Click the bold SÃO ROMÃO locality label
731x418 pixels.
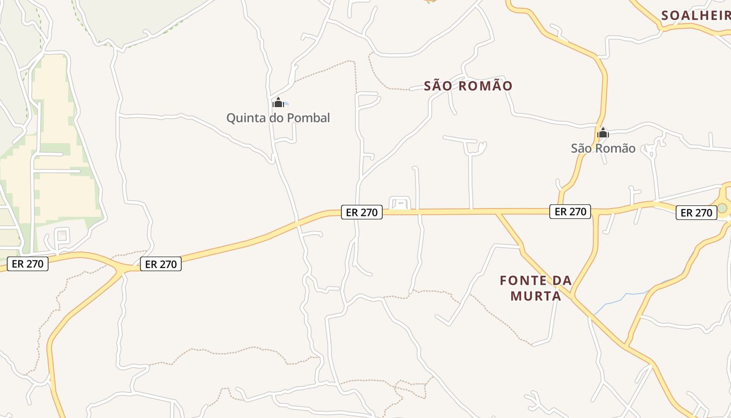coord(468,86)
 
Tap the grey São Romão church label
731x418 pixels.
coord(603,148)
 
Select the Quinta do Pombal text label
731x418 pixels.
coord(278,118)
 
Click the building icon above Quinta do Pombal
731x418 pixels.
coord(278,102)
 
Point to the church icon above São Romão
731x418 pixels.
coord(603,133)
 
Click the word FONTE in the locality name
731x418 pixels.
coord(525,281)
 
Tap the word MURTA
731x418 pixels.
coord(536,296)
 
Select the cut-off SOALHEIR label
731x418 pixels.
coord(695,16)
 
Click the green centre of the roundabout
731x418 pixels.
coord(722,208)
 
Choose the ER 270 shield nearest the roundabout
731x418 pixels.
coord(697,213)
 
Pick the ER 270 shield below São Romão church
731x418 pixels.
coord(570,212)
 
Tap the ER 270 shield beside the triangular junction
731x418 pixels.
coord(161,264)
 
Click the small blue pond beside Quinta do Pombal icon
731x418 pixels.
coord(286,103)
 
